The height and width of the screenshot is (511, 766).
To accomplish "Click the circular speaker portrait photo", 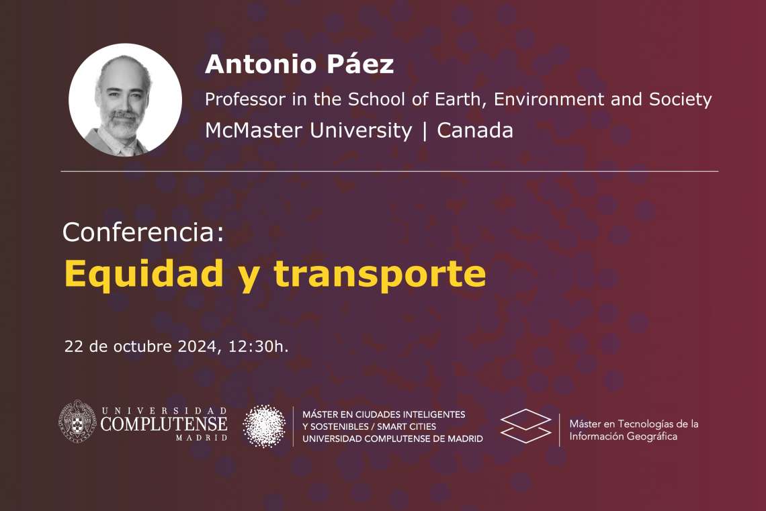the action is tap(125, 100).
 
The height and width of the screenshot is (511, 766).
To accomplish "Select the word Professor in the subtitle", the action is tap(245, 99).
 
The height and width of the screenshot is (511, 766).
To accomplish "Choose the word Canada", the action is tap(475, 130).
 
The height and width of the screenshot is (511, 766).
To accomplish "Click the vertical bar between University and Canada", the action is tap(425, 131).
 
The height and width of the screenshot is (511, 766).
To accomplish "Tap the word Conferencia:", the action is tap(143, 232).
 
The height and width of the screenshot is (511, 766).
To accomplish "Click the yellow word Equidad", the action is tap(144, 275).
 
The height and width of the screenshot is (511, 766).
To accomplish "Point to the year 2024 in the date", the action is tap(197, 346).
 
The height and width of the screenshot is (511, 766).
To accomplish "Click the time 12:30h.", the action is tap(259, 346).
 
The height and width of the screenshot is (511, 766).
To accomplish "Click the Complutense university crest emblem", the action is tap(77, 421).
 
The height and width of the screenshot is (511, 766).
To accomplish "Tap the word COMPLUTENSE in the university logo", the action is tap(164, 424).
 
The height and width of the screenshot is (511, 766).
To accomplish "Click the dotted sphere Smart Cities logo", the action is tap(264, 426).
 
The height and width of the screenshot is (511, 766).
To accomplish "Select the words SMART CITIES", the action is tap(407, 426).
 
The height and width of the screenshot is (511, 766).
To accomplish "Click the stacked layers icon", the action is tap(525, 426).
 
